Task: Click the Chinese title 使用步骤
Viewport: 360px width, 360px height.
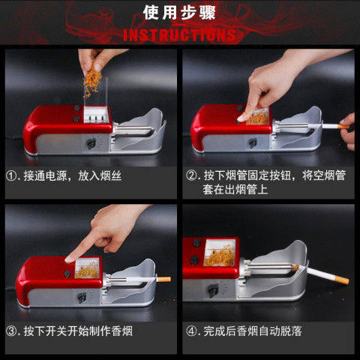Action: (179, 13)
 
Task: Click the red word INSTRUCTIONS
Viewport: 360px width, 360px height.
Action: (179, 35)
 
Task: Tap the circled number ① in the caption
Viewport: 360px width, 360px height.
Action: (11, 175)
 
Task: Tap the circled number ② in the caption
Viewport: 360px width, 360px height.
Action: (191, 175)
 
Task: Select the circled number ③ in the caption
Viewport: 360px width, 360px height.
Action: (11, 331)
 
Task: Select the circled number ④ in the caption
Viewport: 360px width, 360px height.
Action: (191, 331)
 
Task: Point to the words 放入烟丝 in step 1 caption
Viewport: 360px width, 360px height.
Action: (100, 175)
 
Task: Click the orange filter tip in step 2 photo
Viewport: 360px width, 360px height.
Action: (343, 127)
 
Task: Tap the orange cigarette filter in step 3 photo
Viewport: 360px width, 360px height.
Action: (163, 279)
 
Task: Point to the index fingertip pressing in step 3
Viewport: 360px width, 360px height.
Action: (69, 259)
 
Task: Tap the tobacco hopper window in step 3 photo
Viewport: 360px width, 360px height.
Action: (87, 268)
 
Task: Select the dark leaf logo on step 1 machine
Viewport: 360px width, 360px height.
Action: (91, 143)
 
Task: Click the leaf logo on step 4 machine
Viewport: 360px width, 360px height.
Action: (212, 291)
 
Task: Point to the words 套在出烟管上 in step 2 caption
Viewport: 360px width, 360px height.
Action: (235, 189)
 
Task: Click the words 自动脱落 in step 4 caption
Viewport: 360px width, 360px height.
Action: (280, 331)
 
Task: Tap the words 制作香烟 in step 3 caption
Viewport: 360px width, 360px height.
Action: (111, 331)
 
